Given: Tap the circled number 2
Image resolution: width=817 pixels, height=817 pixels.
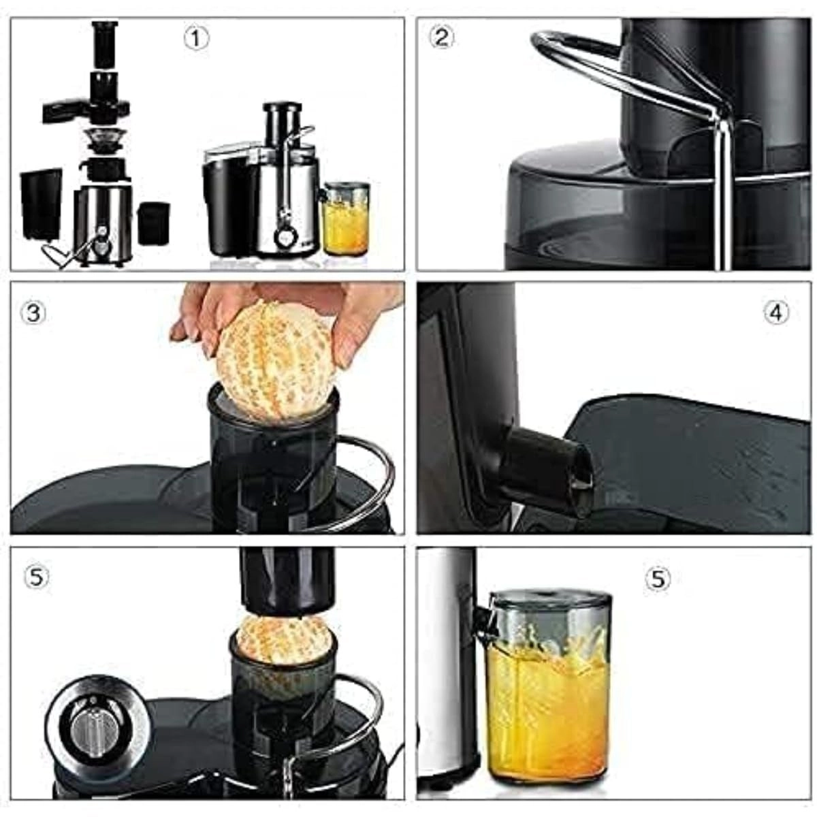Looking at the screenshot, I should click(442, 37).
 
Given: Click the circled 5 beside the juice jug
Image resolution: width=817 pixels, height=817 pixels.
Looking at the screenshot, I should click(657, 579).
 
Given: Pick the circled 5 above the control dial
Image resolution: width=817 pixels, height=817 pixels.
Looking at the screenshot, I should click(37, 577).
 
